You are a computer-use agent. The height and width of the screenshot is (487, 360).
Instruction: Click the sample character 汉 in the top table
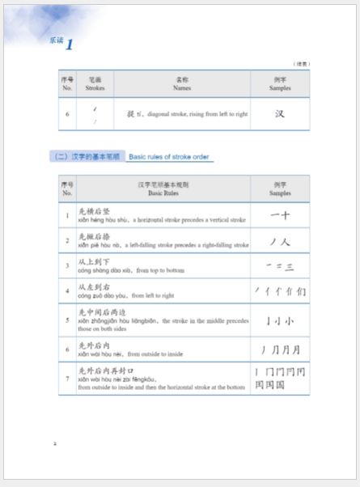click(x=280, y=114)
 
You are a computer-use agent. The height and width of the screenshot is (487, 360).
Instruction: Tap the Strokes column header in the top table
click(x=95, y=83)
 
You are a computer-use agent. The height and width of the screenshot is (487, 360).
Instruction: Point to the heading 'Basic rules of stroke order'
click(x=169, y=156)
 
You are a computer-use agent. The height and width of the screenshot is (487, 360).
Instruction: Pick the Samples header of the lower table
click(x=280, y=189)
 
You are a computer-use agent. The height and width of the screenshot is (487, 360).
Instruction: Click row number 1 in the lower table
click(x=67, y=216)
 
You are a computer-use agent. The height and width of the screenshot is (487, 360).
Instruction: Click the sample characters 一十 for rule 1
click(x=280, y=215)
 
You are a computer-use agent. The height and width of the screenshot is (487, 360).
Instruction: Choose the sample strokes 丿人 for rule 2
click(x=280, y=240)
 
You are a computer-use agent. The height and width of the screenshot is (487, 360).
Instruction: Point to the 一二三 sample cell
click(x=280, y=265)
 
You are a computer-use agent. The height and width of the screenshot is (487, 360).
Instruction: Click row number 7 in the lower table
click(x=67, y=379)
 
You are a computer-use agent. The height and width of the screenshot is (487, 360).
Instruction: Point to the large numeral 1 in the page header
click(x=70, y=45)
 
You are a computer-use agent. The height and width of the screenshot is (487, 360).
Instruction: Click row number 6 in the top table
click(x=67, y=114)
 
